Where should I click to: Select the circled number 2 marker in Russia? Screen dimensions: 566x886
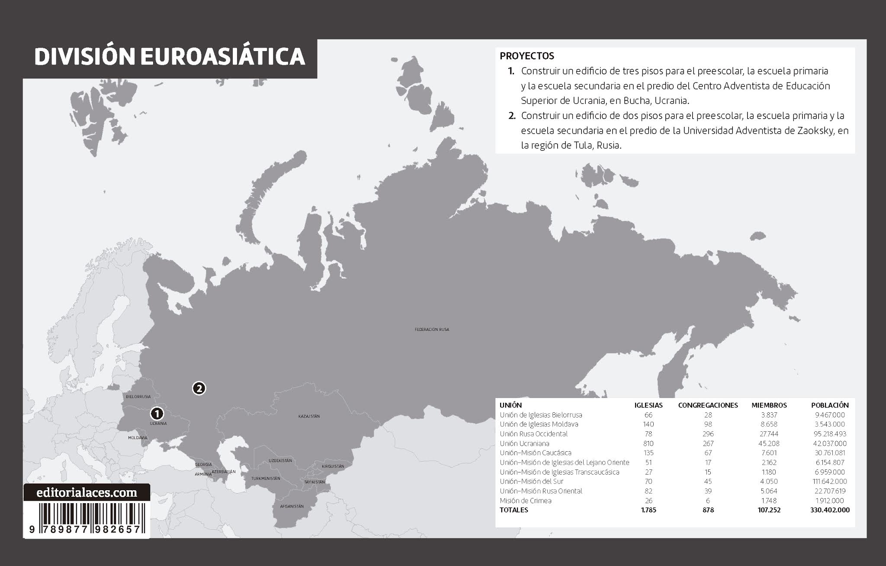[199, 388]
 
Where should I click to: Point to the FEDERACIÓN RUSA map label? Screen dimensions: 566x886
[432, 330]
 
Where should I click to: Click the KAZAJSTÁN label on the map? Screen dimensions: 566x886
[309, 416]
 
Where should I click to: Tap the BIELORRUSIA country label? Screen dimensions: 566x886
[138, 397]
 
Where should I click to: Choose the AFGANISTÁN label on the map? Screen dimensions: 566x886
[292, 506]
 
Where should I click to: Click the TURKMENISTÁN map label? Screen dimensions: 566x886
[266, 479]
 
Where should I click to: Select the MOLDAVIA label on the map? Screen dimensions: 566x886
[138, 438]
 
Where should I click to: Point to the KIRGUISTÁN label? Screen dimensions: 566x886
[333, 466]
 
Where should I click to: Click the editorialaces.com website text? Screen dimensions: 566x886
[87, 493]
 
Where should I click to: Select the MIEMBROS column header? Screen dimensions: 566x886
[769, 405]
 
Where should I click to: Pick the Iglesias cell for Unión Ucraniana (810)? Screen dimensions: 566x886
[648, 443]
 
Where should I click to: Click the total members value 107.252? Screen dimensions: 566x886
[769, 510]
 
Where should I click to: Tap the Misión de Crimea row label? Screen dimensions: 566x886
[525, 501]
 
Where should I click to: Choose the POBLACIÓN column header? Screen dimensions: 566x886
[829, 405]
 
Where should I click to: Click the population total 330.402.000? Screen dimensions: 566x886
[829, 510]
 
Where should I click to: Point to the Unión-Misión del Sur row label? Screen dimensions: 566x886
[531, 481]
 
